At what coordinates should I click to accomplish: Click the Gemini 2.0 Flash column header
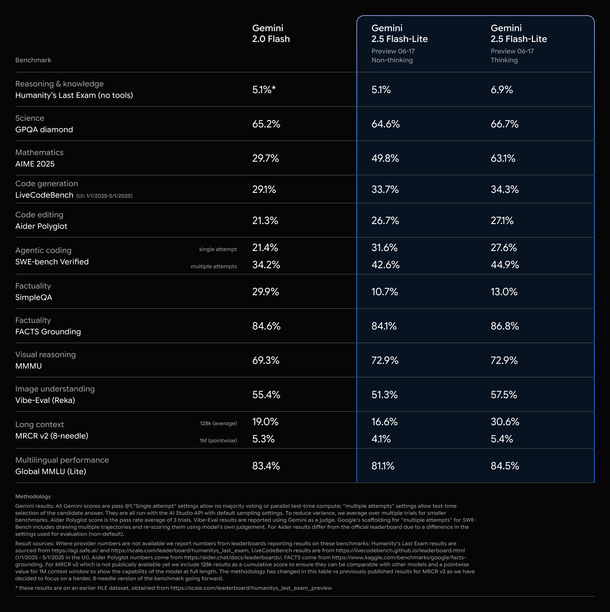pyautogui.click(x=271, y=33)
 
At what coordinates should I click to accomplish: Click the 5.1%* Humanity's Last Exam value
pyautogui.click(x=264, y=90)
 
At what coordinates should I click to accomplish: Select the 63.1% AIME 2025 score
pyautogui.click(x=503, y=158)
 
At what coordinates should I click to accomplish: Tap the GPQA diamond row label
pyautogui.click(x=44, y=130)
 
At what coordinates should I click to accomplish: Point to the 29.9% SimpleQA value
pyautogui.click(x=265, y=292)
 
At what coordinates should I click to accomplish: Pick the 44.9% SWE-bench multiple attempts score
pyautogui.click(x=505, y=265)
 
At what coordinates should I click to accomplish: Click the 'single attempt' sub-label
pyautogui.click(x=218, y=249)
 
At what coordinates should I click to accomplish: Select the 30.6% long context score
pyautogui.click(x=505, y=422)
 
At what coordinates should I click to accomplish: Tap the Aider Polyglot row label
pyautogui.click(x=41, y=226)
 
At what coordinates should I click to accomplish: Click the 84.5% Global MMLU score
pyautogui.click(x=505, y=466)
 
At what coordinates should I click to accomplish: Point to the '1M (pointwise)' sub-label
pyautogui.click(x=218, y=440)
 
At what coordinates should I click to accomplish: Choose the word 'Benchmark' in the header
pyautogui.click(x=33, y=60)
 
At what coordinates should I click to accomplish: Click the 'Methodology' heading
pyautogui.click(x=33, y=496)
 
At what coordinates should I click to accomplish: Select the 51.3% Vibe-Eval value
pyautogui.click(x=384, y=395)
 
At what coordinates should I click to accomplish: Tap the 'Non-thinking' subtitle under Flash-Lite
pyautogui.click(x=392, y=60)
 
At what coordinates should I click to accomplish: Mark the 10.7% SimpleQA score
pyautogui.click(x=384, y=292)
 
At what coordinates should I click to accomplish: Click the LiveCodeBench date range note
pyautogui.click(x=104, y=196)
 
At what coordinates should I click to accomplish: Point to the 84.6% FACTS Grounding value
pyautogui.click(x=266, y=326)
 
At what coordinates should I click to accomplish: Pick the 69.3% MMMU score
pyautogui.click(x=266, y=360)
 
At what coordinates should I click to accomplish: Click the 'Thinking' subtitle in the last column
pyautogui.click(x=504, y=60)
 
